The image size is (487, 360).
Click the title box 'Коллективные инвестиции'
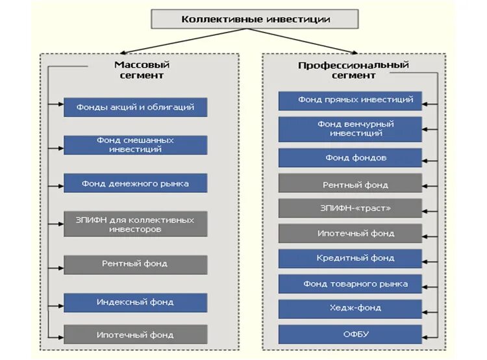255,19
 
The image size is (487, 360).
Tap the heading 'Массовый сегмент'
142,70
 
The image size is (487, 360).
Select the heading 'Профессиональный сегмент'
353,70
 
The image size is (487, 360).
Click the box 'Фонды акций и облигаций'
135,107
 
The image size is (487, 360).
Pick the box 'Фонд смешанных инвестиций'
135,145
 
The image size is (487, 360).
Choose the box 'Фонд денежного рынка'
135,183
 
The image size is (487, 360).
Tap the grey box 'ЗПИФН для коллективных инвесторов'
135,224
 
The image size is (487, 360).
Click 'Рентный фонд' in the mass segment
135,264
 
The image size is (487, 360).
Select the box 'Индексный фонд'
135,302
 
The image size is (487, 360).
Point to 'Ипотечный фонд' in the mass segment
135,335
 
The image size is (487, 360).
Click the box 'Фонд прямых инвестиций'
350,100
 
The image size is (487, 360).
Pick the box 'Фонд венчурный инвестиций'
350,129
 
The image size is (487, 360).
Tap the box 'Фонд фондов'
350,158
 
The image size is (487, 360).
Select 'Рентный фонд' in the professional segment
350,185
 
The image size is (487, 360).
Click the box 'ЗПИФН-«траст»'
350,208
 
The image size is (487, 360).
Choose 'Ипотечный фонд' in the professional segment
350,233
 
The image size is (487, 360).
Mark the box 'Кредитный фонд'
350,258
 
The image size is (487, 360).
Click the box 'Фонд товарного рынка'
350,284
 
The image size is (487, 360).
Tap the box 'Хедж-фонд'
350,308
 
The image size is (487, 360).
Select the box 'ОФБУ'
350,334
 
